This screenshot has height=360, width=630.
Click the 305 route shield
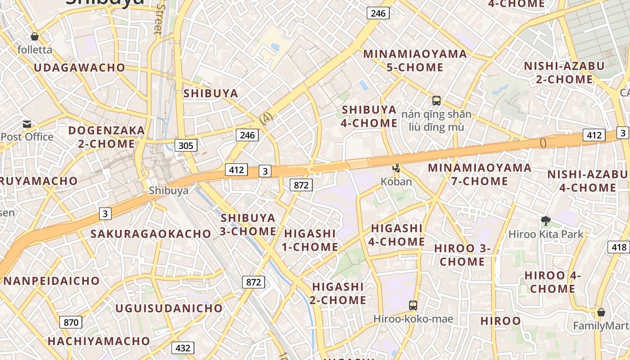click(185, 145)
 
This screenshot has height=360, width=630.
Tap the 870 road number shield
click(71, 322)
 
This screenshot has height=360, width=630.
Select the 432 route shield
click(182, 348)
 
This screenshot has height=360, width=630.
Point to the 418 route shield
click(619, 247)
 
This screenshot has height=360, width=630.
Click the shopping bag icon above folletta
click(35, 36)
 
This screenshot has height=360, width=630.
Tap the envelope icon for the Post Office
click(27, 124)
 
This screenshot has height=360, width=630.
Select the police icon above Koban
click(396, 168)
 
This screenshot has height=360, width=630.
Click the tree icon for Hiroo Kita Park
click(546, 221)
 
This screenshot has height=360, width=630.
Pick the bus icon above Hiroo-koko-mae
click(413, 306)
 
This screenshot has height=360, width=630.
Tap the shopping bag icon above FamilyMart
click(601, 312)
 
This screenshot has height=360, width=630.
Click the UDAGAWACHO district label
click(80, 68)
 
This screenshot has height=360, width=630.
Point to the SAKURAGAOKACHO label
click(151, 234)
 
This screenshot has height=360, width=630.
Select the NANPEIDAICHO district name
click(51, 281)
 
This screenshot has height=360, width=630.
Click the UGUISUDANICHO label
click(169, 308)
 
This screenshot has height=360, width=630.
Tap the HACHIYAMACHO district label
click(99, 341)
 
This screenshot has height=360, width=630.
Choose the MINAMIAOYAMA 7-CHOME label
click(480, 175)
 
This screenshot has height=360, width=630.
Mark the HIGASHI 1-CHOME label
click(310, 240)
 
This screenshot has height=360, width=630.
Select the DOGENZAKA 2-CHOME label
click(107, 137)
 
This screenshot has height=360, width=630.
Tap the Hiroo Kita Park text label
click(546, 234)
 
